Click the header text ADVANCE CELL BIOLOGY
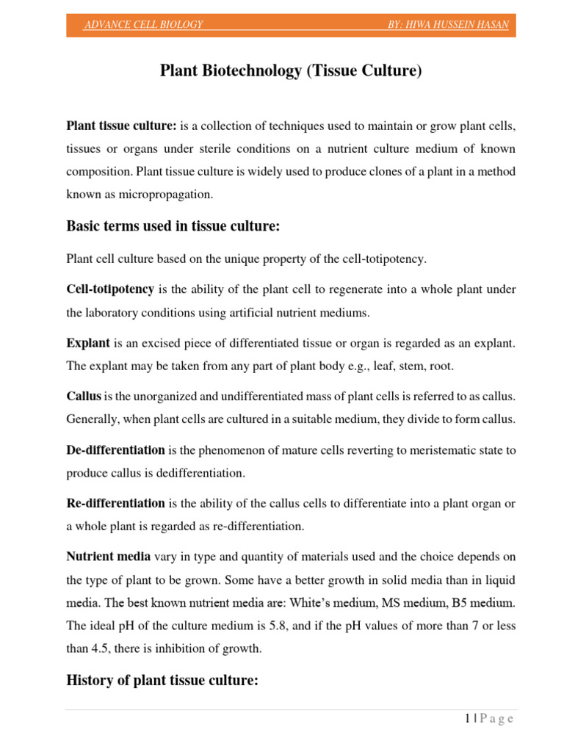[x=143, y=25]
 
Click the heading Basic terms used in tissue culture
[x=173, y=227]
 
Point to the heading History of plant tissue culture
[x=162, y=681]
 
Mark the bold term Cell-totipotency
[x=110, y=289]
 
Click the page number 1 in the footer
[x=467, y=718]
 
